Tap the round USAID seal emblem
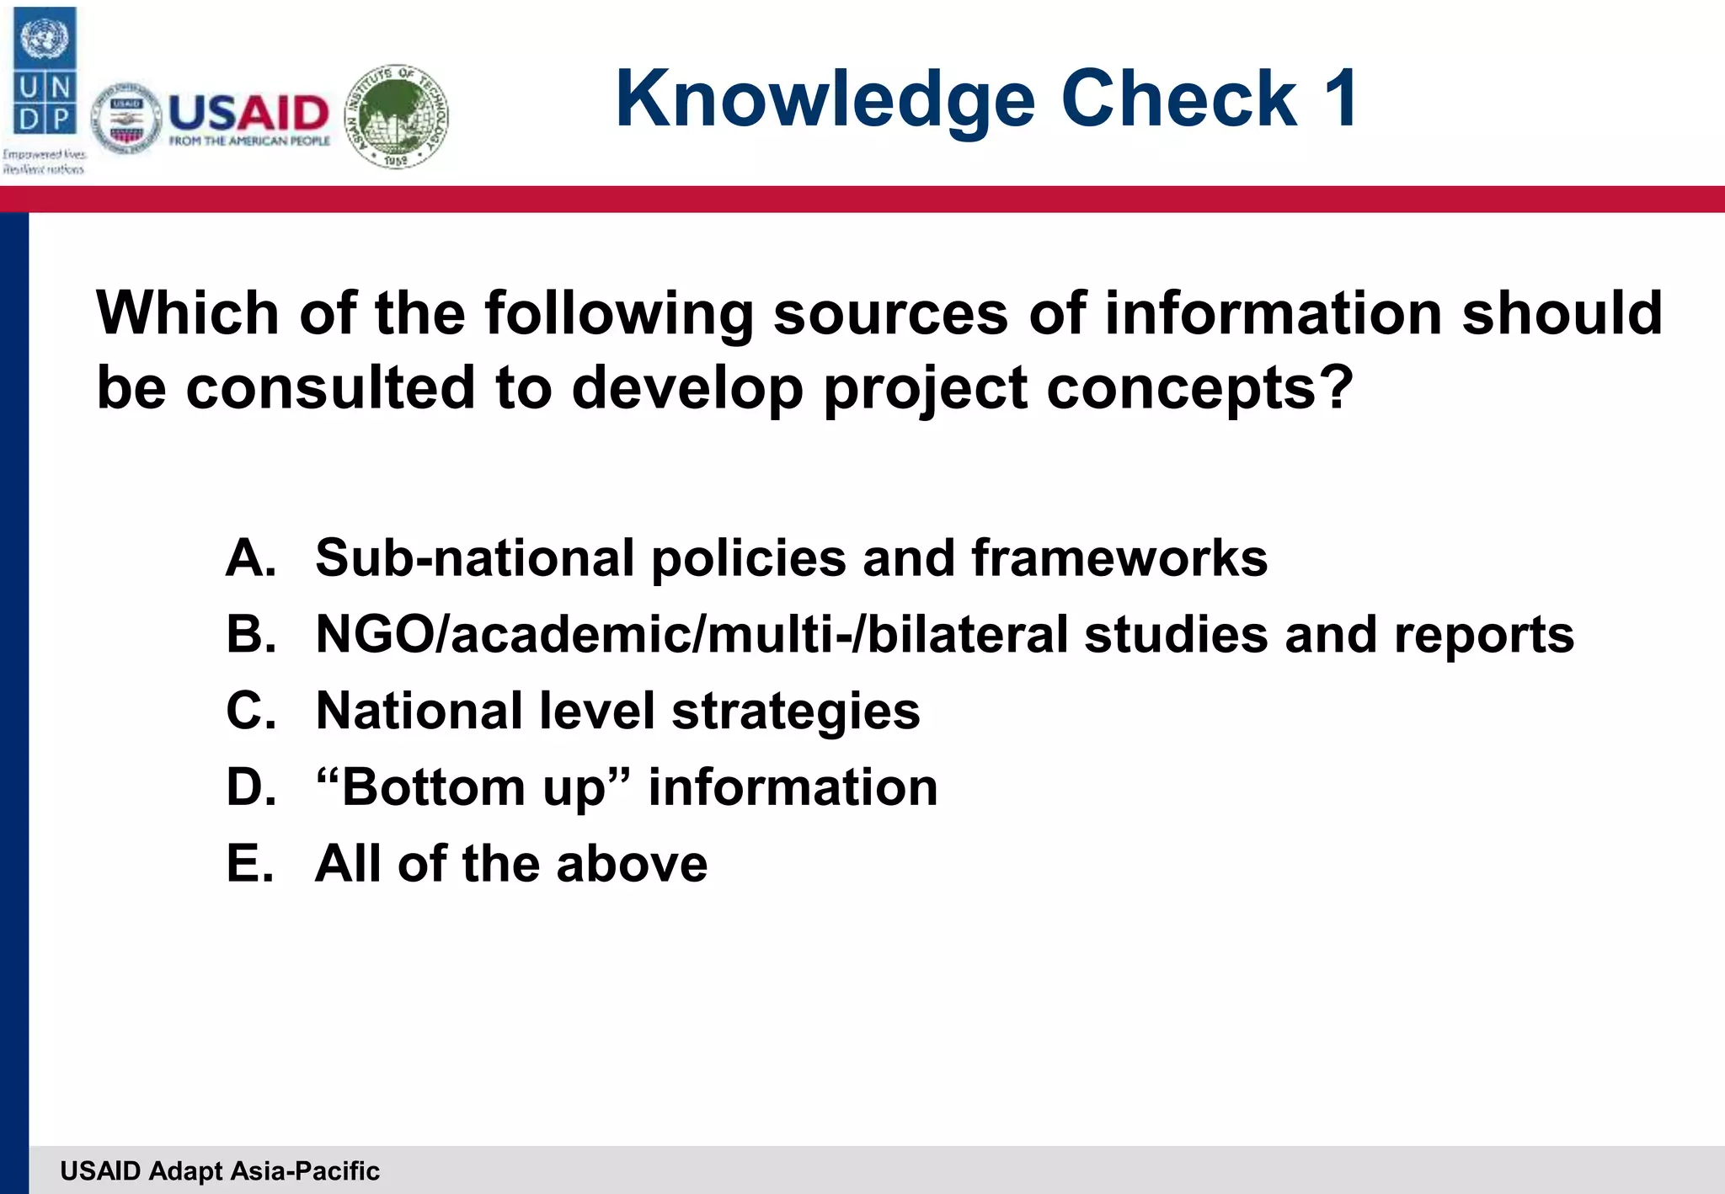click(126, 119)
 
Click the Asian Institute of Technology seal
click(398, 116)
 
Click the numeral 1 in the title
click(1340, 99)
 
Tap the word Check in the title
click(1179, 99)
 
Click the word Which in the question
click(188, 313)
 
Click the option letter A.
click(251, 557)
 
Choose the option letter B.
click(251, 634)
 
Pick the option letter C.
click(251, 711)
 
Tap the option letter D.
click(251, 787)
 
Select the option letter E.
click(251, 864)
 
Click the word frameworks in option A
click(1119, 557)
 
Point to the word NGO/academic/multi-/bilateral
click(692, 634)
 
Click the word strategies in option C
click(796, 712)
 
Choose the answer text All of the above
click(511, 864)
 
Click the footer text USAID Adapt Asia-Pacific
click(220, 1170)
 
